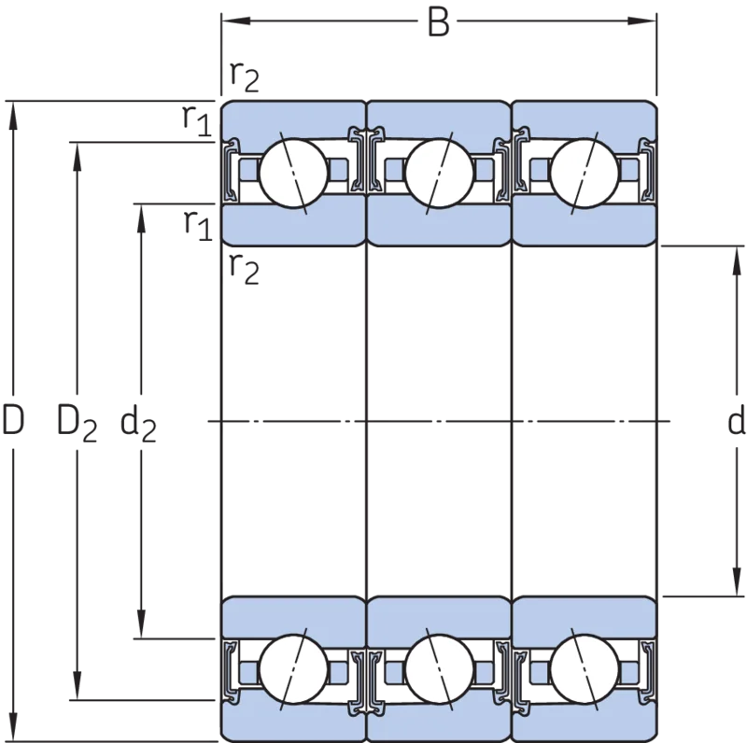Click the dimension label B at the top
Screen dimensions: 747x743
point(438,22)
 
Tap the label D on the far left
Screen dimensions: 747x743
point(13,420)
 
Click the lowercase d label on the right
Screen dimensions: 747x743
point(737,421)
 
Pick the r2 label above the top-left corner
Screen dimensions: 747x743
point(245,77)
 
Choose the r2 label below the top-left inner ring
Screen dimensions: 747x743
point(245,269)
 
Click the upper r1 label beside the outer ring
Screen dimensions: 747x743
point(197,121)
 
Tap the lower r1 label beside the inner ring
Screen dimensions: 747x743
point(198,225)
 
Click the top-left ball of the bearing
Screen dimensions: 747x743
point(293,174)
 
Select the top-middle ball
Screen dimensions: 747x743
point(439,174)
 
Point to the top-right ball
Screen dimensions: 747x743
point(585,174)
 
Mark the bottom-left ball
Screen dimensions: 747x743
point(293,668)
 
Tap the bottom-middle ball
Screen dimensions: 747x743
point(439,668)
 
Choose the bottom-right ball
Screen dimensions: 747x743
point(585,668)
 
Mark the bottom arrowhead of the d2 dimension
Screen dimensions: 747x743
point(141,624)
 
